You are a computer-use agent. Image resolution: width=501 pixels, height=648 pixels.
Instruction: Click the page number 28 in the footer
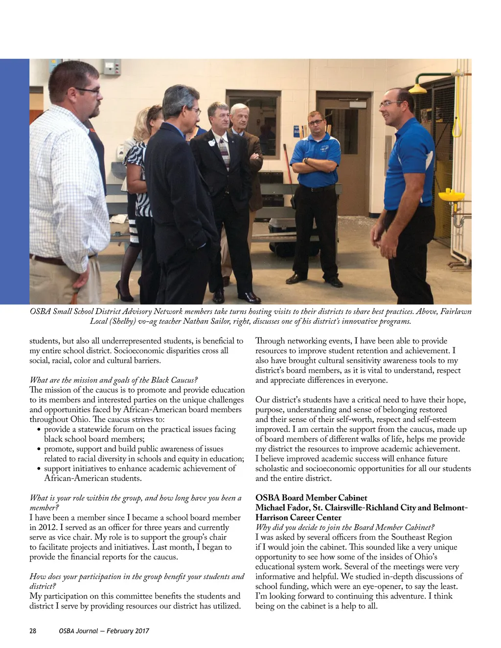click(33, 631)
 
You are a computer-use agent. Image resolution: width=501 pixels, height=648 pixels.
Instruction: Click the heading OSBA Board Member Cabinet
click(311, 498)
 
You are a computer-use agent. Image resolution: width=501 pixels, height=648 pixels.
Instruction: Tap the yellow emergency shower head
click(416, 89)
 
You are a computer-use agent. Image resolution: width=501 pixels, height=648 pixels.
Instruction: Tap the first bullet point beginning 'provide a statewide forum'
click(139, 429)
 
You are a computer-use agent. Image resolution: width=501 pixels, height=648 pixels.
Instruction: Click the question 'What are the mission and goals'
click(114, 380)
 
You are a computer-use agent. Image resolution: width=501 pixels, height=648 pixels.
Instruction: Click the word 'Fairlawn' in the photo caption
click(455, 312)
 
